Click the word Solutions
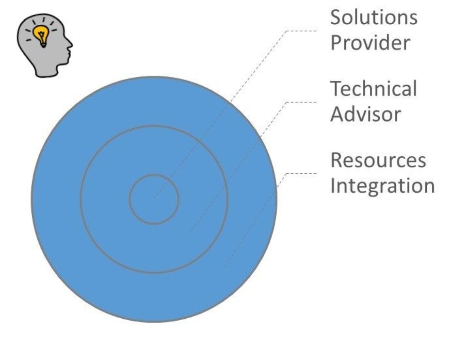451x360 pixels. coord(374,17)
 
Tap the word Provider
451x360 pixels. coord(370,43)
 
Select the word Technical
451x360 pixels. coord(374,89)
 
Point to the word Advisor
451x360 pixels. coord(365,114)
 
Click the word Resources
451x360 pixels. coord(378,160)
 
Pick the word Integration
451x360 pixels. coord(382,186)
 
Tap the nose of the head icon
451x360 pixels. coord(70,45)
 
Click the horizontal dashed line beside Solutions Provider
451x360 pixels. coord(301,30)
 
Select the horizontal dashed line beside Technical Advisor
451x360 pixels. coord(301,102)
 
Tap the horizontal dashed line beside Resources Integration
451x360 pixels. coord(301,173)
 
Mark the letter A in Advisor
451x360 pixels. coord(337,114)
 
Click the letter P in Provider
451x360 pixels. coord(336,43)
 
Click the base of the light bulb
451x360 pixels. coord(43,44)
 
